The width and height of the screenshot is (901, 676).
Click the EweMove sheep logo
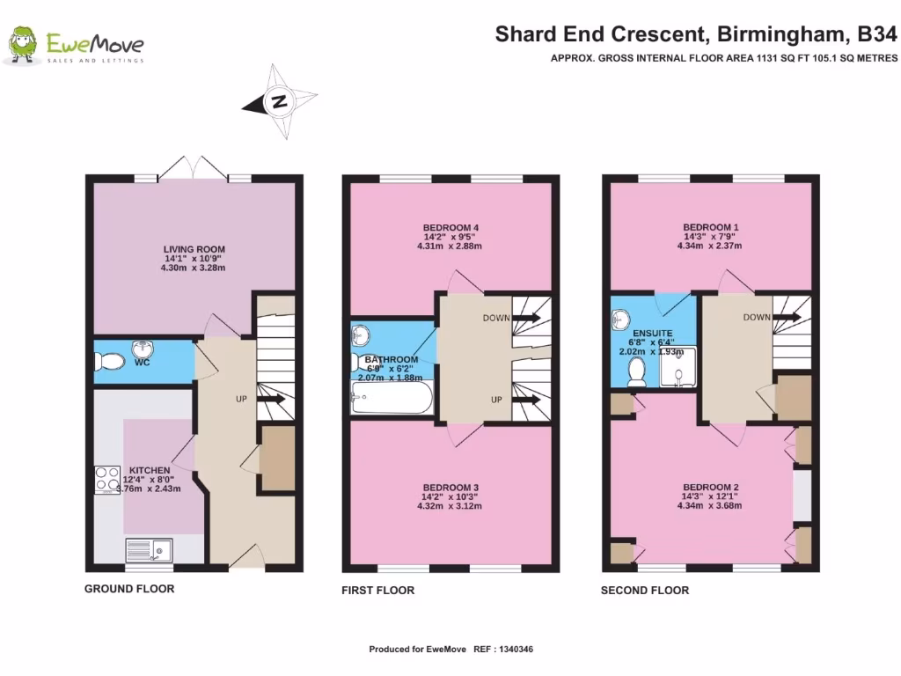22,44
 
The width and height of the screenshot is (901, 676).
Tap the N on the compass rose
279,102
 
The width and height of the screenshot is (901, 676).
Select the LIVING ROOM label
194,249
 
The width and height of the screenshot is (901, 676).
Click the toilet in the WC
110,362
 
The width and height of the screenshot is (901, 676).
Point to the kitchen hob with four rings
107,480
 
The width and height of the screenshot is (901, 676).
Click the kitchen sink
150,551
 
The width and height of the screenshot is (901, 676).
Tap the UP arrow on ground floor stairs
273,399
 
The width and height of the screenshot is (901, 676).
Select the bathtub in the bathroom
392,398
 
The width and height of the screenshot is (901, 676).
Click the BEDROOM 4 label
450,228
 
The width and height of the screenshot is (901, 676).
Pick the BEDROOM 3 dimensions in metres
450,506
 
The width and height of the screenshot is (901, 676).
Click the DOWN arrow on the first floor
527,317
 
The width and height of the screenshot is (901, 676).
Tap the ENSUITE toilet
636,371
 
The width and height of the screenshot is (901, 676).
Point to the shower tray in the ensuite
678,366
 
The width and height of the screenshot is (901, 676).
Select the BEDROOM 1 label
711,227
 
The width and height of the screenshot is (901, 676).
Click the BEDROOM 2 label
711,488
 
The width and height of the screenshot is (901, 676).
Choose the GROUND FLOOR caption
129,589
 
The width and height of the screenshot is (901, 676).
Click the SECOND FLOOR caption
645,591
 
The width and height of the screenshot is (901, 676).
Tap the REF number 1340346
516,650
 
